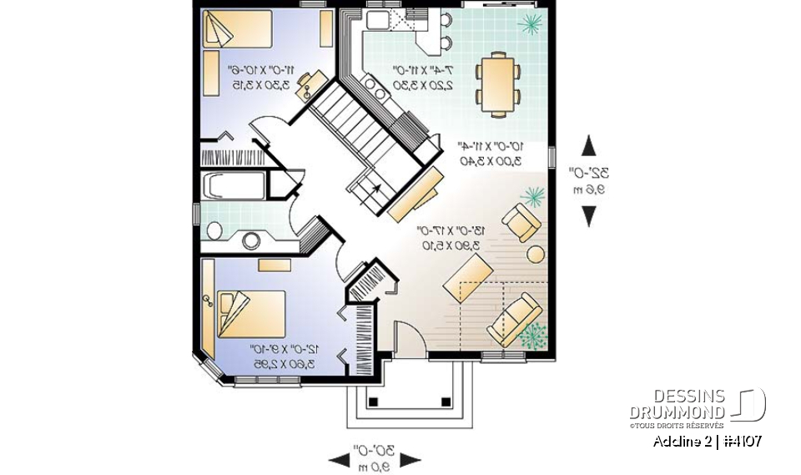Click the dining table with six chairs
pos(497,83)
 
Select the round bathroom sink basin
pos(250,241)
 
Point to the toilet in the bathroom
pos(214,230)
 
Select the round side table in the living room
pos(537,253)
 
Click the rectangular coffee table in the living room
pos(467,279)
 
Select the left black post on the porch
pos(374,402)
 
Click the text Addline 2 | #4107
pos(707,441)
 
